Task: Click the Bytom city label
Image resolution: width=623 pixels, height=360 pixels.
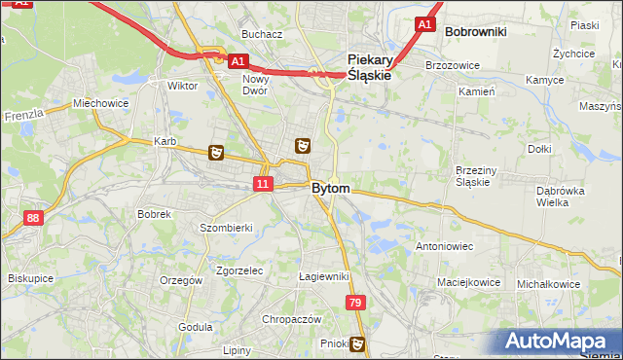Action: (x=330, y=188)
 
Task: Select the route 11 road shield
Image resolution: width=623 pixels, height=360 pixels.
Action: (x=263, y=183)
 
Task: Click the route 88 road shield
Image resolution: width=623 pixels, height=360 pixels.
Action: (x=34, y=218)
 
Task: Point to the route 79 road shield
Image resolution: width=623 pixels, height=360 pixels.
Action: (x=355, y=305)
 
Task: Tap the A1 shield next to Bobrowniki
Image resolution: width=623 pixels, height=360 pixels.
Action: (x=424, y=24)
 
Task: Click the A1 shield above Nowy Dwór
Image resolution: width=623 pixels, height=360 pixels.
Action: (x=238, y=60)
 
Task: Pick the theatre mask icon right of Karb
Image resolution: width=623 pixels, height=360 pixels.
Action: (x=216, y=152)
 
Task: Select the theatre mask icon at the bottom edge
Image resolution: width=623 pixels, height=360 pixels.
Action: (x=358, y=342)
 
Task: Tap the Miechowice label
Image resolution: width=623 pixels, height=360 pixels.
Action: (x=100, y=103)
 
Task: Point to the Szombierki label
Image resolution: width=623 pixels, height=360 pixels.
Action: (x=227, y=227)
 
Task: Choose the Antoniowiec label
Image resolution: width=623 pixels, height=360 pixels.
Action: (x=444, y=246)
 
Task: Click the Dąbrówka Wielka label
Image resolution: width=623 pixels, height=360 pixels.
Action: (x=559, y=197)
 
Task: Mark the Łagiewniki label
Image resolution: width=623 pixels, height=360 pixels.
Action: (x=324, y=276)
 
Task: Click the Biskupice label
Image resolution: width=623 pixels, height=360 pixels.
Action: (x=30, y=277)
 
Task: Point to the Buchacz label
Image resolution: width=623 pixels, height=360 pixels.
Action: (x=262, y=34)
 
